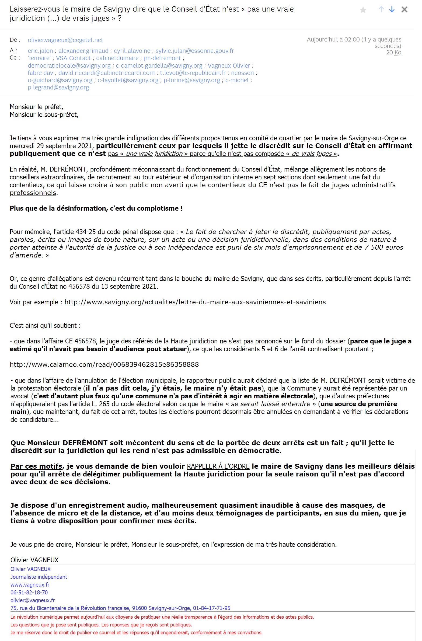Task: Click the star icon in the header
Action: (363, 10)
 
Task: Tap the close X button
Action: (404, 10)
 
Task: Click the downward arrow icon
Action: (392, 10)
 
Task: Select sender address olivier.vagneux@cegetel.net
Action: (65, 40)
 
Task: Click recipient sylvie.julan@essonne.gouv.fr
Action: (195, 51)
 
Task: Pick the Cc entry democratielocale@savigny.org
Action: (69, 65)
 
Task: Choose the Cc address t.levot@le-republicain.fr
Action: (193, 73)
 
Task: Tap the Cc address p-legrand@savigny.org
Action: (58, 87)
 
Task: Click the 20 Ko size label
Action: (393, 53)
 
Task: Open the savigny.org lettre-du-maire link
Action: (195, 302)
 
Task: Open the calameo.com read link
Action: (104, 364)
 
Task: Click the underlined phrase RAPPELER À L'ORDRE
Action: (218, 466)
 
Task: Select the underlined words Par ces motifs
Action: (36, 466)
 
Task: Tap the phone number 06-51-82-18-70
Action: (29, 592)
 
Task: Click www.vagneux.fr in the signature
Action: (30, 584)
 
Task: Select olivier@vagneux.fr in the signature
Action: (33, 600)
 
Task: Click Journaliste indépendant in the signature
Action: (39, 577)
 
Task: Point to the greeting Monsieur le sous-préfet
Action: (44, 115)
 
